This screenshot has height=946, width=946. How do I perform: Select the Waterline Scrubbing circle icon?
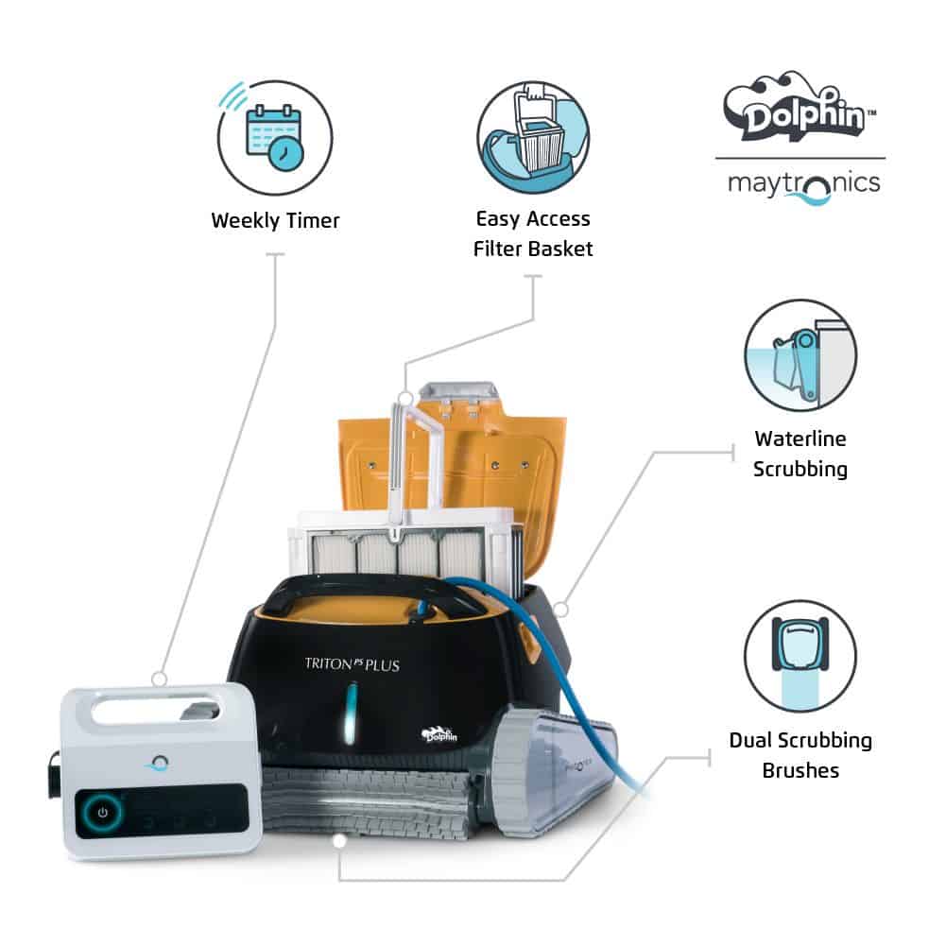800,355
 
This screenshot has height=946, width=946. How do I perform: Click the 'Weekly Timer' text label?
275,221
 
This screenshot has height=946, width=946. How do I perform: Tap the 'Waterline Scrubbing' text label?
800,454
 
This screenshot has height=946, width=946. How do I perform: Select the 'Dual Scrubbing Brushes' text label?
800,755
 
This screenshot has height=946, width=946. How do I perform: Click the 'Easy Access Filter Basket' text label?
533,233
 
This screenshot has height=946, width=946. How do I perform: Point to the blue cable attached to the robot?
576,680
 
